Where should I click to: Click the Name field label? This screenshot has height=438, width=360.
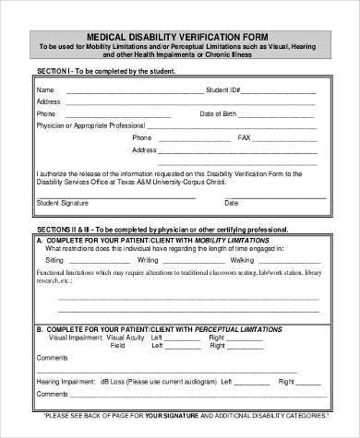pos(44,89)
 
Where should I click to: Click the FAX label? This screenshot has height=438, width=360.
pos(244,136)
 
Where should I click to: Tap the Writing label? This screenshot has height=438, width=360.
pos(148,260)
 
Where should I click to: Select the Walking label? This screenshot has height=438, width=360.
pos(243,260)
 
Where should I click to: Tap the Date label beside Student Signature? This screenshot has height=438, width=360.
pos(231,202)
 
